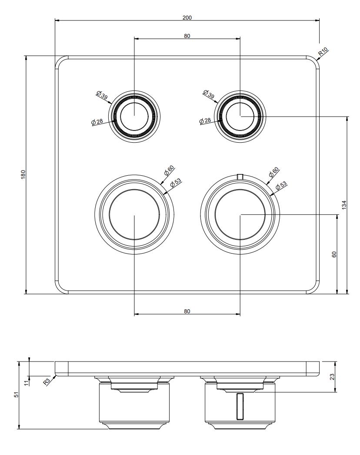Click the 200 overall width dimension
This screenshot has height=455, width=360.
(x=187, y=17)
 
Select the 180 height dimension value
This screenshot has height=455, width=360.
(x=23, y=174)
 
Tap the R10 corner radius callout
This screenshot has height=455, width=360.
(x=323, y=52)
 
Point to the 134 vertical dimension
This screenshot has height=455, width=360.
(x=344, y=205)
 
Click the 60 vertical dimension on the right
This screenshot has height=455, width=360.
(x=334, y=254)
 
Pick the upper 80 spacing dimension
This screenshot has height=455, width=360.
(x=187, y=36)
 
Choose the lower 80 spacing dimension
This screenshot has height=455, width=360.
(x=187, y=311)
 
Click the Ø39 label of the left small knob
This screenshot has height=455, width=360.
(x=102, y=95)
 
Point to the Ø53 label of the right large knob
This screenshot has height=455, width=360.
(x=281, y=186)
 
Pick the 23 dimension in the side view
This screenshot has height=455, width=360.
(x=332, y=377)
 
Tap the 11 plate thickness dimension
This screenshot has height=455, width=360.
(x=27, y=383)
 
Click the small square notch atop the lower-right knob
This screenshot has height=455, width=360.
(x=240, y=176)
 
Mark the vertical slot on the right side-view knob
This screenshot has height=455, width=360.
(x=240, y=406)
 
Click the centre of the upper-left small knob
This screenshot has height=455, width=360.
(x=134, y=116)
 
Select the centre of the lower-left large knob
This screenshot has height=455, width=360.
(x=134, y=215)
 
